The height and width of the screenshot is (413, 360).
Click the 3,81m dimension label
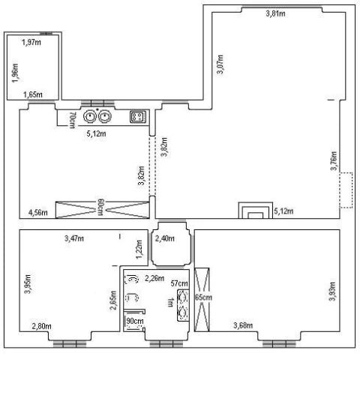pyautogui.click(x=275, y=13)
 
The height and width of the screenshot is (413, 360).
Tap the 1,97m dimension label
pyautogui.click(x=31, y=42)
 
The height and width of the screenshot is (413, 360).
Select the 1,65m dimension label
pyautogui.click(x=33, y=94)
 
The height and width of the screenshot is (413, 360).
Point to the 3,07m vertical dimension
pyautogui.click(x=220, y=64)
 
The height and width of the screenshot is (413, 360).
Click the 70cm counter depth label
pyautogui.click(x=72, y=120)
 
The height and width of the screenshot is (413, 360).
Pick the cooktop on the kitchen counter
pyautogui.click(x=138, y=117)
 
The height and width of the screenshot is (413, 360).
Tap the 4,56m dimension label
pyautogui.click(x=38, y=212)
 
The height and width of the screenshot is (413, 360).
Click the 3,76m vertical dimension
pyautogui.click(x=334, y=160)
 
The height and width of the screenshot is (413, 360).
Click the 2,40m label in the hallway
pyautogui.click(x=165, y=238)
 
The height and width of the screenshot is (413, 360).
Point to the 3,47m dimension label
pyautogui.click(x=74, y=238)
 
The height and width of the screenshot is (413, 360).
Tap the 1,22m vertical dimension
pyautogui.click(x=139, y=250)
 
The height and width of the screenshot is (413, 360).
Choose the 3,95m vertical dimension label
pyautogui.click(x=28, y=284)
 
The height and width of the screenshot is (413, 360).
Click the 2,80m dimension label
pyautogui.click(x=42, y=326)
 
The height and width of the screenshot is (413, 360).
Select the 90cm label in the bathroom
pyautogui.click(x=135, y=321)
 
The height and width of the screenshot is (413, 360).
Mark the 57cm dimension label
pyautogui.click(x=179, y=283)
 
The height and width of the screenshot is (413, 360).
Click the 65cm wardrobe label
pyautogui.click(x=203, y=298)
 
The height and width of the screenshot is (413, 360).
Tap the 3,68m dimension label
pyautogui.click(x=243, y=325)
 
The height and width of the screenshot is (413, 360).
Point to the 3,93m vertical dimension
pyautogui.click(x=333, y=292)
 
